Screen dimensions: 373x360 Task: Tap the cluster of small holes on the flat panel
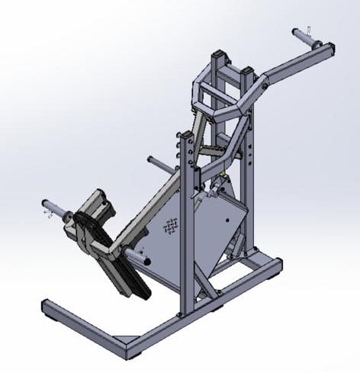[x=171, y=227]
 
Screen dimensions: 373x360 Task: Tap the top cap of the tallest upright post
[x=220, y=55]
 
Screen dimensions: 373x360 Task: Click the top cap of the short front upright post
[x=185, y=137]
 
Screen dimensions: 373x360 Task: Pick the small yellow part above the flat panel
[x=220, y=182]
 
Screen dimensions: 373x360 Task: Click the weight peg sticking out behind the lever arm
[x=153, y=162]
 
